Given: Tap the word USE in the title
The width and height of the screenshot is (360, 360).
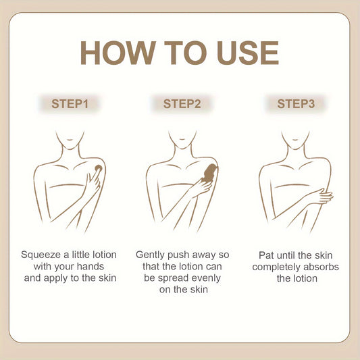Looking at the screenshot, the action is point(248,53).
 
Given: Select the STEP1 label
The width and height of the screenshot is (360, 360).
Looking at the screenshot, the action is point(70,104).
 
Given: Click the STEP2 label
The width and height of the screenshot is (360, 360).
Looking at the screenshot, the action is point(182,104).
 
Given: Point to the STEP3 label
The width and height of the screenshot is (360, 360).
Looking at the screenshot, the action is point(296,104).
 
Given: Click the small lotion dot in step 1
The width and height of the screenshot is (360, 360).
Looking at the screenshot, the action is point(99,168).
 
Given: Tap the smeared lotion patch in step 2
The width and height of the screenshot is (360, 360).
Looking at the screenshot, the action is point(209,174).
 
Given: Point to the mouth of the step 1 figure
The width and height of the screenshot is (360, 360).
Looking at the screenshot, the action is point(70,139).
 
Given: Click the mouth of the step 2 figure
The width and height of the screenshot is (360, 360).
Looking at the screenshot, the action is point(182,139).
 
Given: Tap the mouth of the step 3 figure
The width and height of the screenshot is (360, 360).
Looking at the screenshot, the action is point(295,139).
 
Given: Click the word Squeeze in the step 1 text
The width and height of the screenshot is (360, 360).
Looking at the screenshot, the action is point(41,255).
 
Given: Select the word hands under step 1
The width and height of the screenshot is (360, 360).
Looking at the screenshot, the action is point(91,267).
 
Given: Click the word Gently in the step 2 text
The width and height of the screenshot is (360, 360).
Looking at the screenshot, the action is point(150,255).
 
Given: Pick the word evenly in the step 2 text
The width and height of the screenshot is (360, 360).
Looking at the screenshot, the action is point(206,278).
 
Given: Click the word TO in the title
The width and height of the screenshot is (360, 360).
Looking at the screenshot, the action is point(186,53).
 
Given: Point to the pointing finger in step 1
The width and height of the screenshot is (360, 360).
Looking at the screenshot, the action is point(93,177).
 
